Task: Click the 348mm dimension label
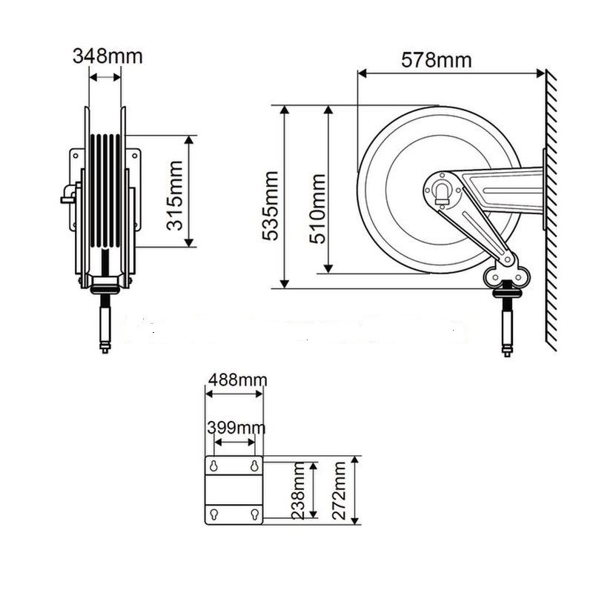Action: click(107, 56)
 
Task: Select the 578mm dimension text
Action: click(436, 60)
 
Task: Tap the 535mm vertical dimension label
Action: click(271, 205)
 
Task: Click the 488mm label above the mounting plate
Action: click(236, 380)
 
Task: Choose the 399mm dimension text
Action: click(236, 428)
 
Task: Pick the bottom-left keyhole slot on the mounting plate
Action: click(214, 514)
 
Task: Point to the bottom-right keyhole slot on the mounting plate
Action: click(254, 514)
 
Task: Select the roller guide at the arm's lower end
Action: click(507, 276)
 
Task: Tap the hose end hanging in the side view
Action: click(507, 326)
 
